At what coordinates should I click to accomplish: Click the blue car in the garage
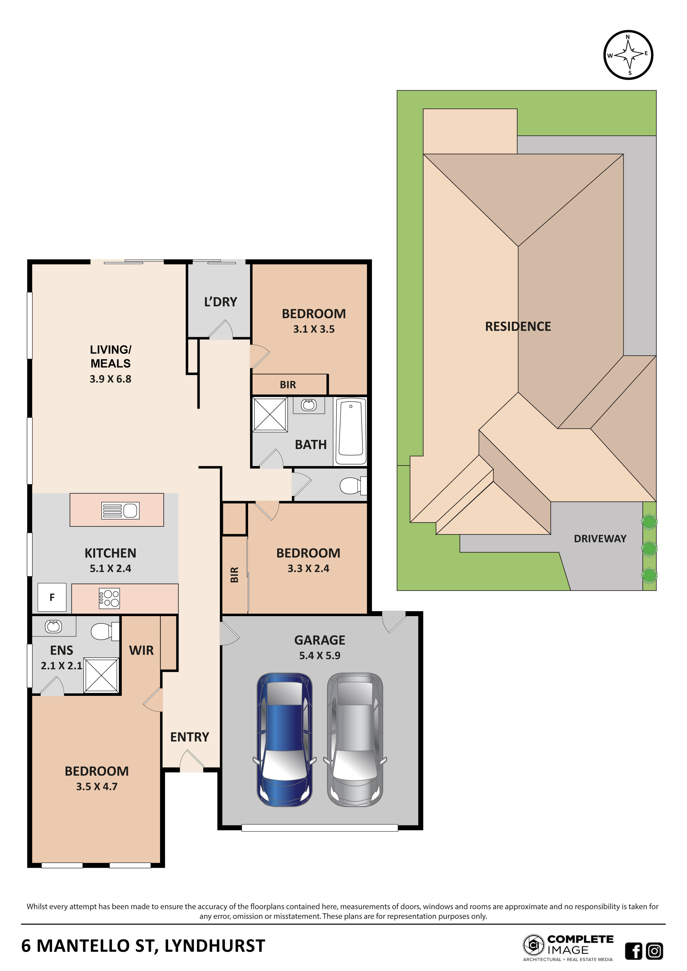pos(284,739)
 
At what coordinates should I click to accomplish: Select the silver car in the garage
pos(355,739)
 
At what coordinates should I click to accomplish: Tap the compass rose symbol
pos(628,55)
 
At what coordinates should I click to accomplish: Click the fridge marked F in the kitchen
pos(52,597)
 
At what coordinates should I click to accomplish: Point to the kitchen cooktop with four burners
pos(109,598)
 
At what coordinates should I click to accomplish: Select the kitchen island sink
pos(120,510)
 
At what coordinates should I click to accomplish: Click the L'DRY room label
pos(220,302)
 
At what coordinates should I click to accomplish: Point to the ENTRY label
pos(189,737)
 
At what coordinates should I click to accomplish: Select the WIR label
pos(141,650)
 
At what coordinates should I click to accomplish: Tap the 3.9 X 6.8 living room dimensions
pos(110,379)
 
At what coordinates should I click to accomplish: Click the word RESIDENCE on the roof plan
pos(518,327)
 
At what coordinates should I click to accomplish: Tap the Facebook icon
pos(633,951)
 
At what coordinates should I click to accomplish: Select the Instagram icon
pos(654,951)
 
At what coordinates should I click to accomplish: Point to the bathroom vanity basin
pos(309,405)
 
